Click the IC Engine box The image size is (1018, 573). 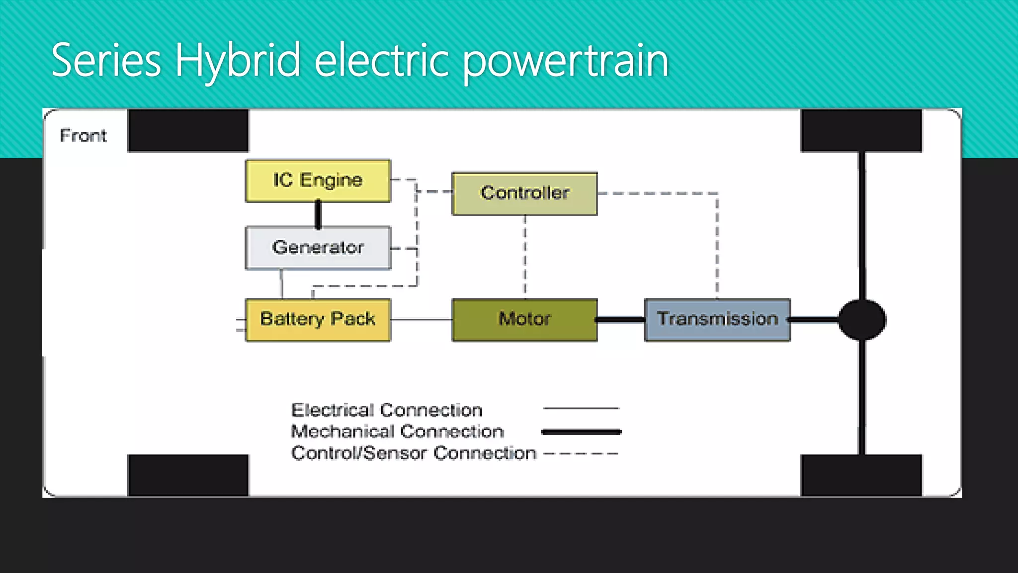[318, 181]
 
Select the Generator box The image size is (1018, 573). [318, 248]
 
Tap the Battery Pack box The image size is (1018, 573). [318, 319]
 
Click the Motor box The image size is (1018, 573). [524, 319]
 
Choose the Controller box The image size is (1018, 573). [524, 193]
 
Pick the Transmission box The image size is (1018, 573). [717, 319]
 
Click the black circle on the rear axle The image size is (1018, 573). [862, 320]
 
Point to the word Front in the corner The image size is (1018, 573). [83, 135]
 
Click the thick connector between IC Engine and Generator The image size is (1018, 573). [318, 214]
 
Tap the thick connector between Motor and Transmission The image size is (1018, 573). [621, 320]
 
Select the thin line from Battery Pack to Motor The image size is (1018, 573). [422, 319]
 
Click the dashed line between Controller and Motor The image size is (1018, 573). [525, 256]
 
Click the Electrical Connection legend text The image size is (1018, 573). [387, 410]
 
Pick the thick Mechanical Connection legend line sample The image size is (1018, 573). [581, 432]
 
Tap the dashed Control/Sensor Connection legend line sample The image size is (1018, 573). [581, 454]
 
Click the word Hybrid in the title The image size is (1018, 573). [238, 61]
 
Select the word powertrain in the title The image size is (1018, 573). [566, 61]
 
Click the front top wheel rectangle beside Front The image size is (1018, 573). [188, 130]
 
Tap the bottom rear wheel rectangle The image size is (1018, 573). [861, 475]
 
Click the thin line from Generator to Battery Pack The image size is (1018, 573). [282, 284]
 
